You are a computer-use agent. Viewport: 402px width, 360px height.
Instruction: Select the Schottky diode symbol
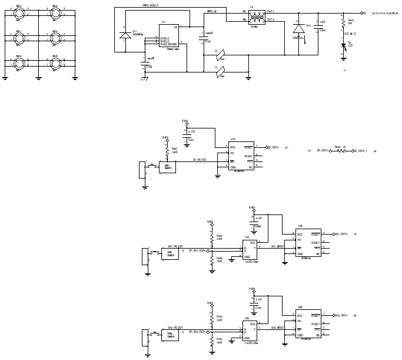click(124, 35)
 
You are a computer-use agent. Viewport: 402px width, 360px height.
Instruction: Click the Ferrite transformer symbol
click(255, 15)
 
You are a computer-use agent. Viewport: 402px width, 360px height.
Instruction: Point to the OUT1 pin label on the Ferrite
click(270, 11)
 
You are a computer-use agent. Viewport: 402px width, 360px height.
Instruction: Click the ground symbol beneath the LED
click(343, 60)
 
